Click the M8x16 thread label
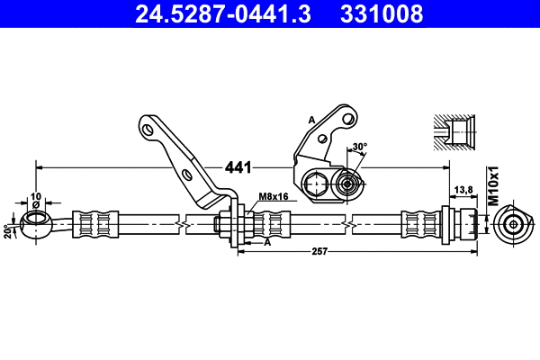[x=273, y=196]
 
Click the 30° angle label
[x=360, y=146]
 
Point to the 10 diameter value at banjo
[x=36, y=195]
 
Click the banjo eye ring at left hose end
[x=35, y=221]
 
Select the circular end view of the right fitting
[x=514, y=223]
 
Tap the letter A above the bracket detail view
[x=311, y=119]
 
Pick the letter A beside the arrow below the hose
[x=266, y=241]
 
